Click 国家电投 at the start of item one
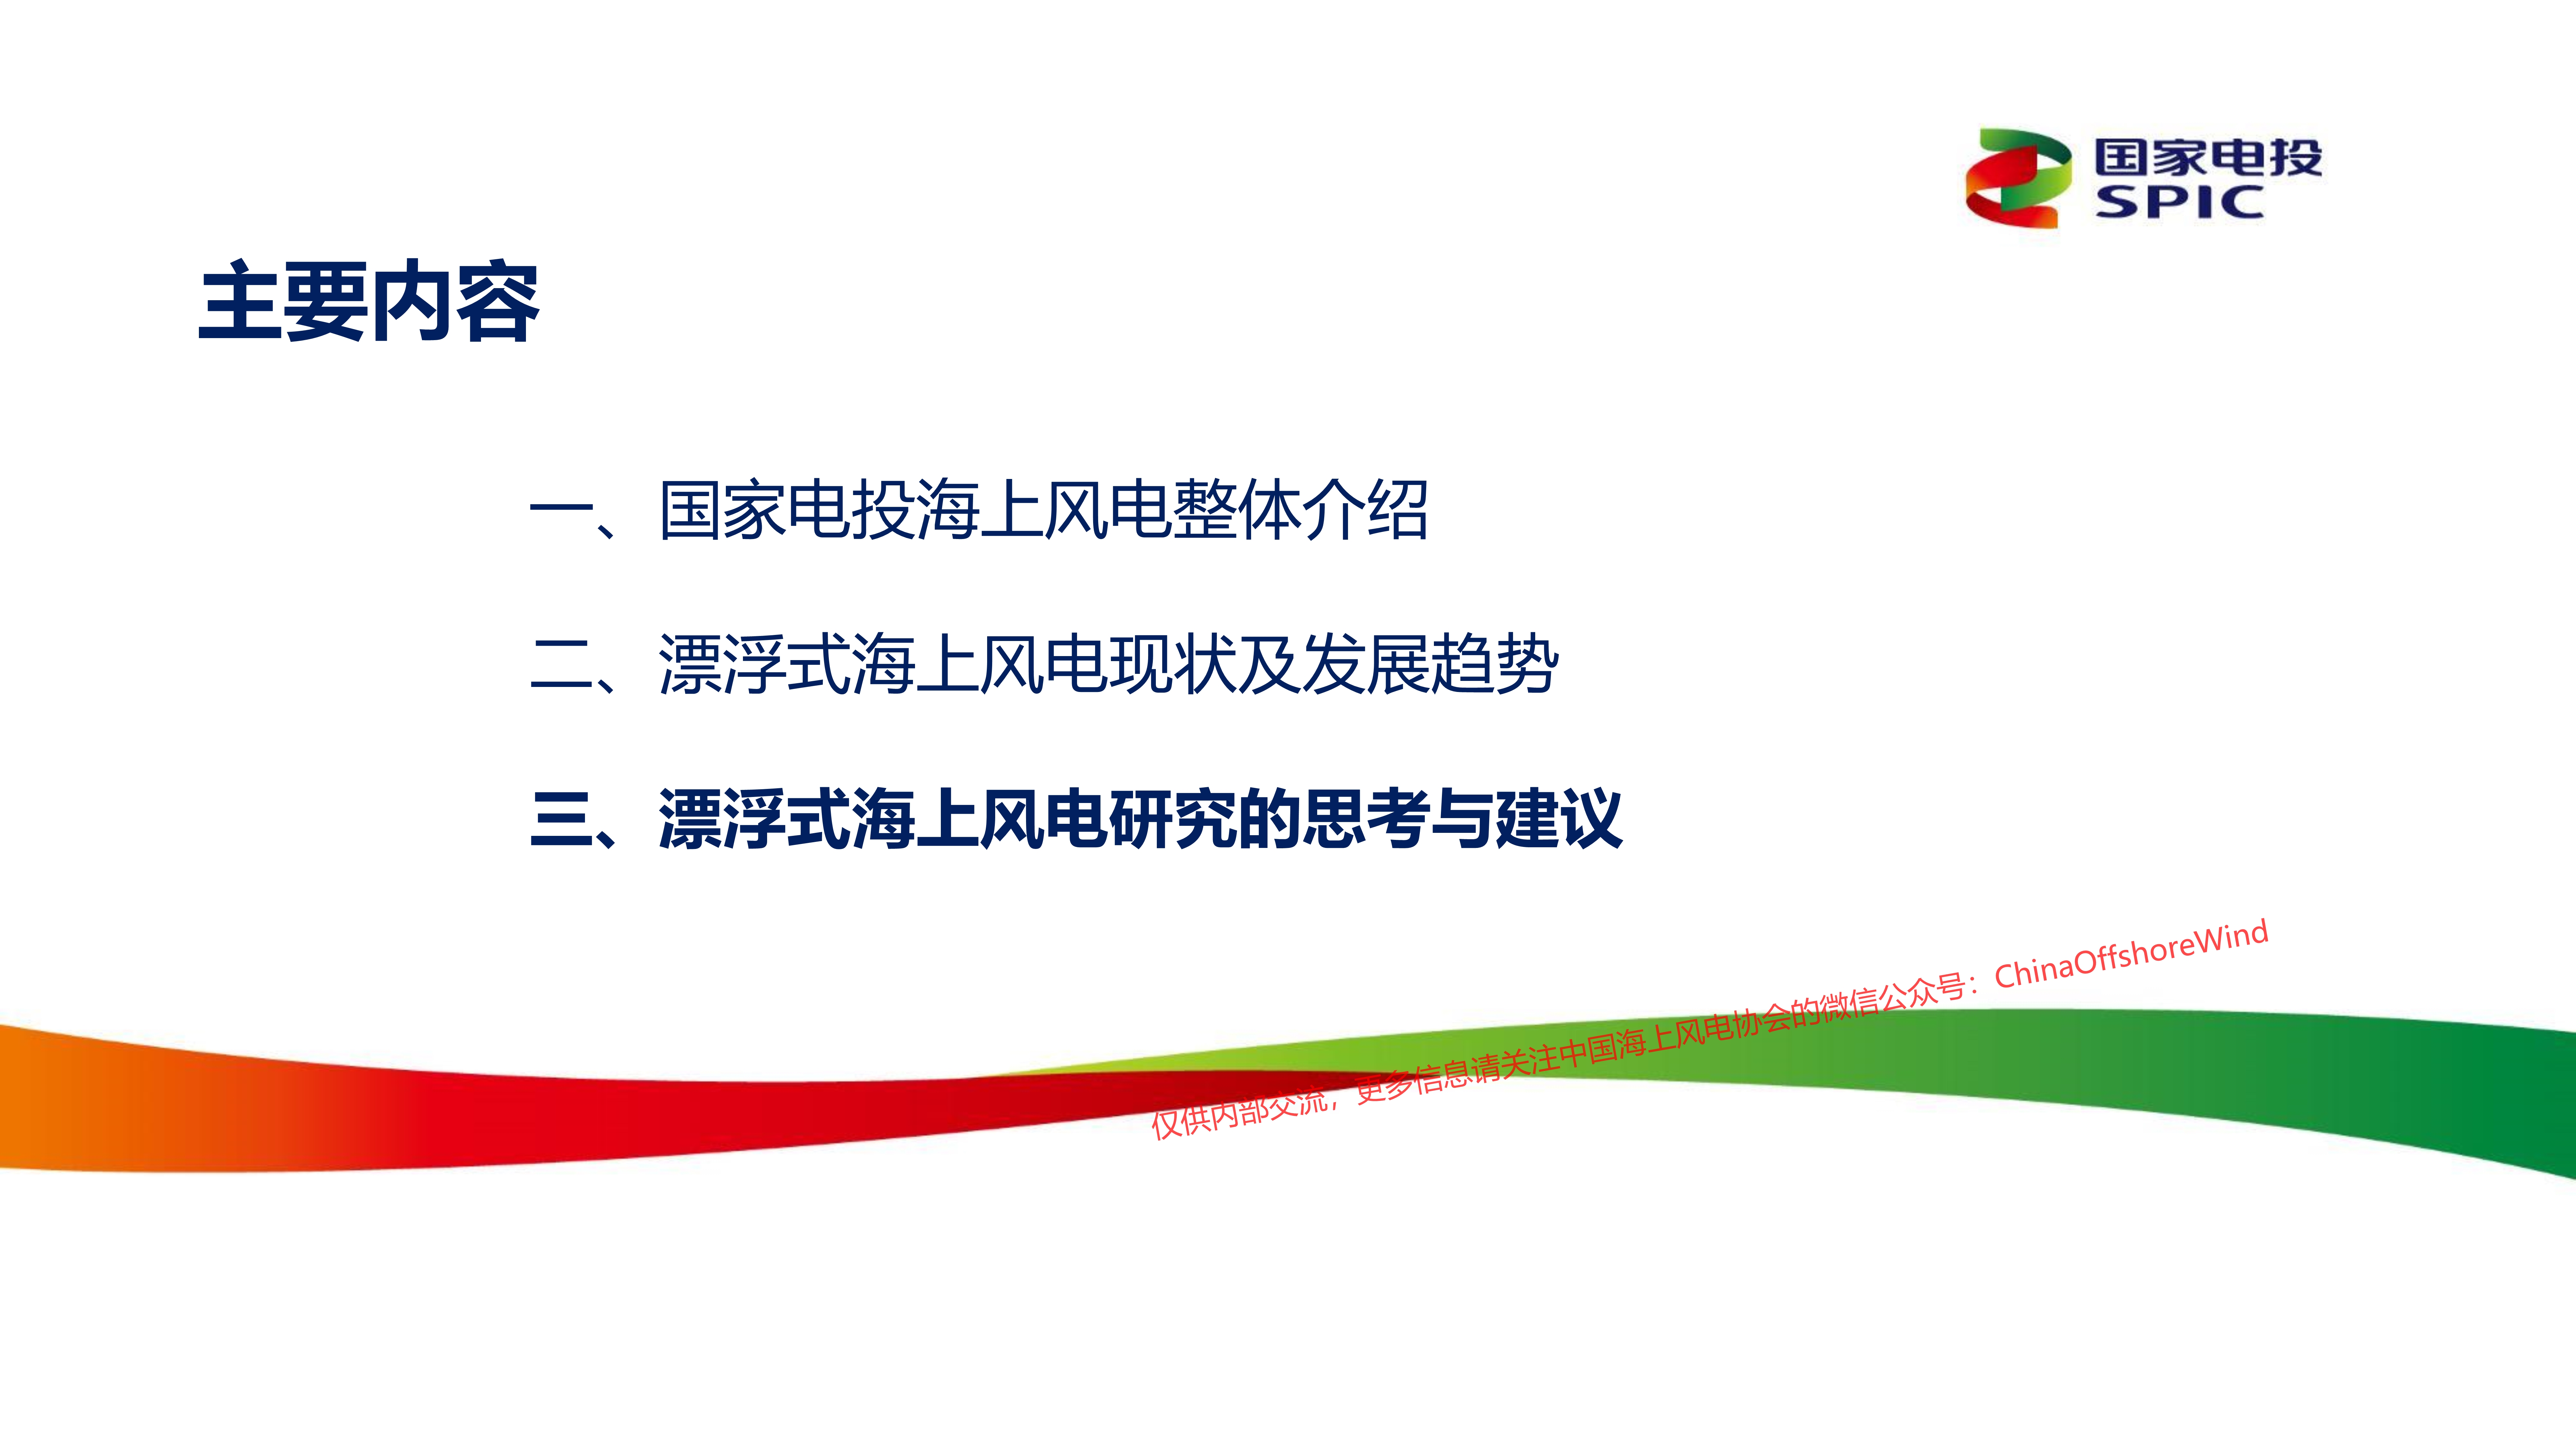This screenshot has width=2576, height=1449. click(786, 510)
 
